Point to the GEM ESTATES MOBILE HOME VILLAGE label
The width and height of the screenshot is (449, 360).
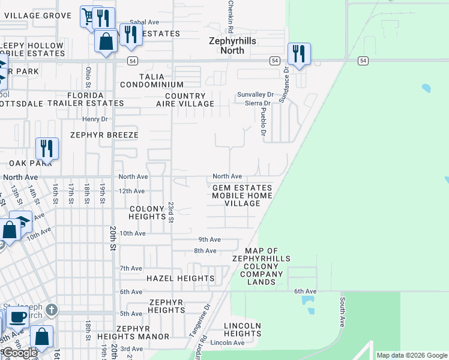pyautogui.click(x=243, y=196)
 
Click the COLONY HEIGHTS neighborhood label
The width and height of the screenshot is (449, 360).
pyautogui.click(x=147, y=213)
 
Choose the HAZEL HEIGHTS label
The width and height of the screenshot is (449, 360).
pyautogui.click(x=181, y=278)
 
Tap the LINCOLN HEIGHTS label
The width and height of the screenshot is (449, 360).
pyautogui.click(x=243, y=329)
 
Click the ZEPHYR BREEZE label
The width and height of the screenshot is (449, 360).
pyautogui.click(x=104, y=135)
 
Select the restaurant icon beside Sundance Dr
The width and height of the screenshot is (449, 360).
pyautogui.click(x=299, y=54)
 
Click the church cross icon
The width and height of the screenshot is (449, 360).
pyautogui.click(x=52, y=310)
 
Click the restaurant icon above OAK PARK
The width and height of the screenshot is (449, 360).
pyautogui.click(x=47, y=148)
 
